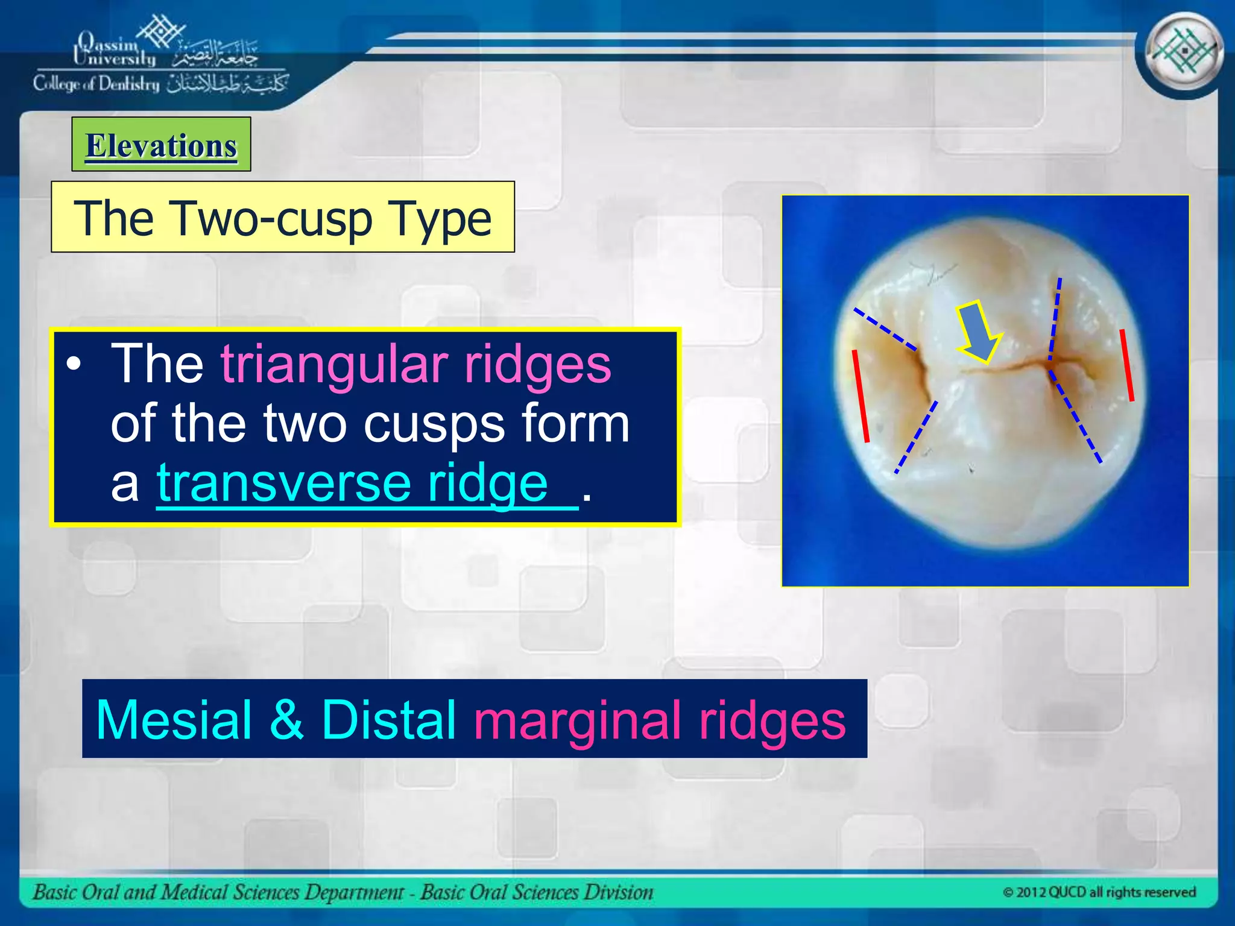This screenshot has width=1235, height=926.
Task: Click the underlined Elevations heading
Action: tap(161, 146)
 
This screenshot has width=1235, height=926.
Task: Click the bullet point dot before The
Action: tap(74, 364)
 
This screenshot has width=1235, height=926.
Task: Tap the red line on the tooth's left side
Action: tap(861, 395)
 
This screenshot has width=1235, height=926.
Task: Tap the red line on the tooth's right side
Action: tap(1126, 365)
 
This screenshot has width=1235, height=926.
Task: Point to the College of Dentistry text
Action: tap(96, 83)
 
